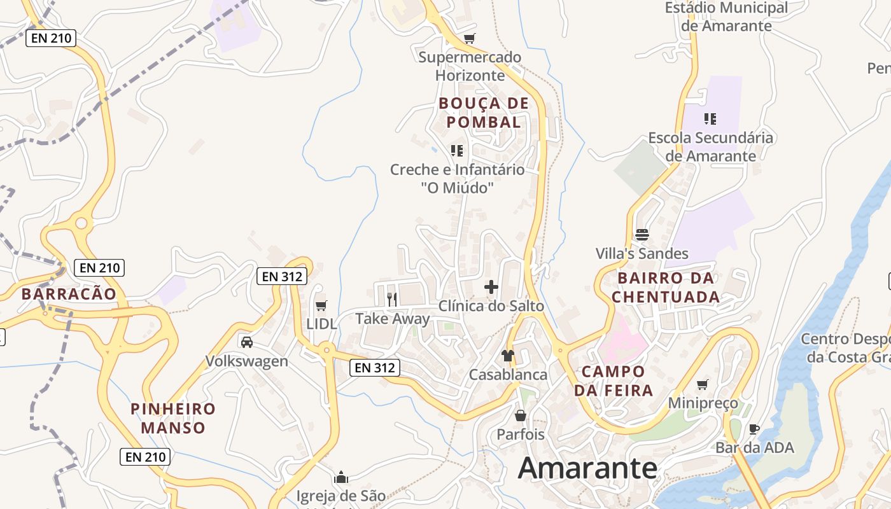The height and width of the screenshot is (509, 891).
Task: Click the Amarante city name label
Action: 587,469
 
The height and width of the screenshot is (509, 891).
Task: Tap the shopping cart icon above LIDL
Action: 321,306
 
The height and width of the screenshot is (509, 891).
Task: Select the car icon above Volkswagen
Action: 247,342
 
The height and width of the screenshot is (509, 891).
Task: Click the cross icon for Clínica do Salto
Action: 491,287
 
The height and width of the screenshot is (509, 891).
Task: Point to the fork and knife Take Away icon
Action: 392,300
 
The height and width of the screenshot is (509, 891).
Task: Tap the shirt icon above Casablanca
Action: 508,356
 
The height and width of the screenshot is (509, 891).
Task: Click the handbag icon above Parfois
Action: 521,416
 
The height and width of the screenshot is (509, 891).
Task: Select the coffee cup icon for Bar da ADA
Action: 754,429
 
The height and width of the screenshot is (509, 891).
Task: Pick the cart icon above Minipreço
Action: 703,384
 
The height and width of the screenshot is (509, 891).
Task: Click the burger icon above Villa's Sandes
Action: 642,235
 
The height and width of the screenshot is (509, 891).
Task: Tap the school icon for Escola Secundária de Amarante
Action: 710,118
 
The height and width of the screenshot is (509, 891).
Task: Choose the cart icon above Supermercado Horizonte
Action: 470,39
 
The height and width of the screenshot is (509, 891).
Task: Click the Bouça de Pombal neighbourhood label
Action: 484,113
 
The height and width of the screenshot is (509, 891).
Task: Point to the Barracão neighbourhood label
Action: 69,294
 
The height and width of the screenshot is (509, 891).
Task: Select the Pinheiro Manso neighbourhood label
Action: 173,418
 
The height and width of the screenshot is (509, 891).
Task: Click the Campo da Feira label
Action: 614,380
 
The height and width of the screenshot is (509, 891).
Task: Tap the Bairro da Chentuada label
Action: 666,288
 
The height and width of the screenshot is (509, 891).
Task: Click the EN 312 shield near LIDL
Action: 283,276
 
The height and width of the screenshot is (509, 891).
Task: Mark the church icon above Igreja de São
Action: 341,477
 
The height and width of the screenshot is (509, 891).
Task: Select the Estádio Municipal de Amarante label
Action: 726,17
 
